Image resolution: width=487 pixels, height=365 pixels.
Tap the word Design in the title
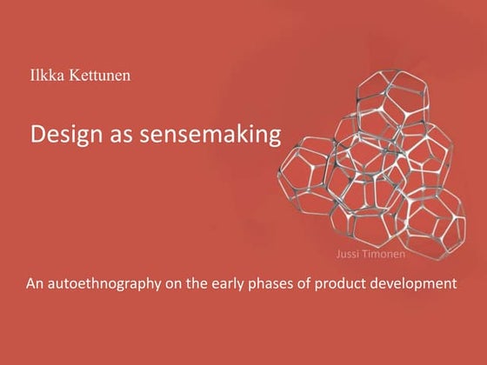click(62, 136)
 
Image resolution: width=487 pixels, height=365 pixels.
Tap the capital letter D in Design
click(37, 135)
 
